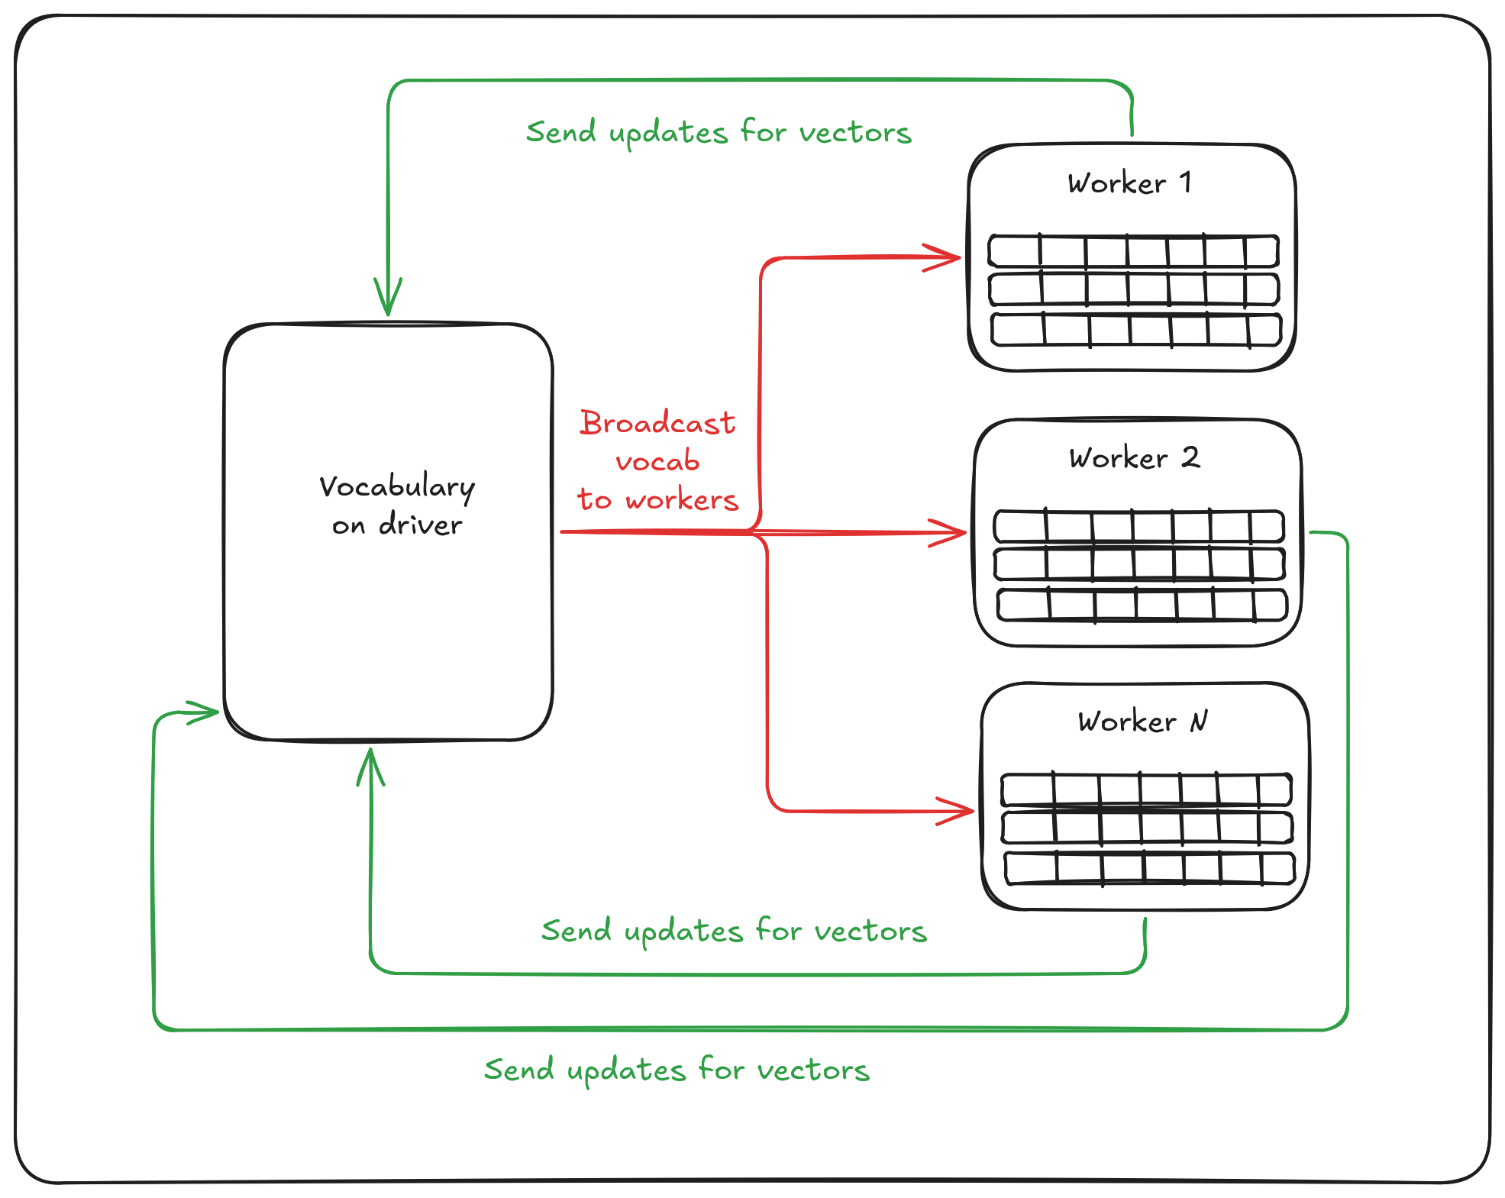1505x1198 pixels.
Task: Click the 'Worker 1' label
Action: pyautogui.click(x=1129, y=183)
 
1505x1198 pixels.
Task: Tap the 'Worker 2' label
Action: pyautogui.click(x=1134, y=458)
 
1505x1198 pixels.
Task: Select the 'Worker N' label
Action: pyautogui.click(x=1142, y=722)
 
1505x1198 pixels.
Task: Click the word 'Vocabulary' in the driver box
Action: pyautogui.click(x=396, y=487)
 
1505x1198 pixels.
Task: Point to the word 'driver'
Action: pyautogui.click(x=420, y=525)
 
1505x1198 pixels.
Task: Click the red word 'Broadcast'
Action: pyautogui.click(x=657, y=423)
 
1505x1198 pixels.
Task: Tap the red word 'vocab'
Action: pyautogui.click(x=657, y=462)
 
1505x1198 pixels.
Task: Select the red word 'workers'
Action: pyautogui.click(x=682, y=500)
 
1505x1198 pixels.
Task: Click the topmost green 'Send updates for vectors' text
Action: pyautogui.click(x=719, y=133)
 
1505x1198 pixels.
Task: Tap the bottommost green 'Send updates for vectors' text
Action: pyautogui.click(x=677, y=1070)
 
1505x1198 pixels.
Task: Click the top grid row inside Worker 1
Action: pyautogui.click(x=1133, y=251)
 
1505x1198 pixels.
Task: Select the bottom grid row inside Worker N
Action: pyautogui.click(x=1149, y=868)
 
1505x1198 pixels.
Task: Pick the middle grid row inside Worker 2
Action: pyautogui.click(x=1138, y=563)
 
